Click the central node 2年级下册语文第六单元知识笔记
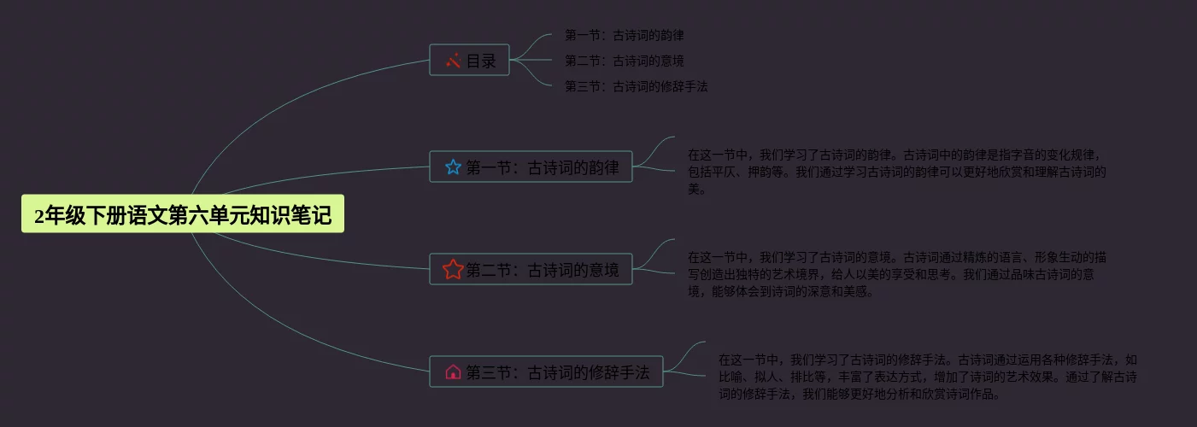click(x=182, y=215)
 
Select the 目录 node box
click(x=469, y=61)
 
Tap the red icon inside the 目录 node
click(x=454, y=61)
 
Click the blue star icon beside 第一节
click(x=453, y=167)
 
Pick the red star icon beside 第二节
click(x=453, y=270)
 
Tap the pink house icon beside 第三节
click(x=453, y=372)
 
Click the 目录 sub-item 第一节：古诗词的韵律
click(x=624, y=36)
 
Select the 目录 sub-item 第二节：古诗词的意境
click(x=624, y=61)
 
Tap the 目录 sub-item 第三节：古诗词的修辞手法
click(x=636, y=86)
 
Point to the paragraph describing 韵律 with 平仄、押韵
click(x=897, y=172)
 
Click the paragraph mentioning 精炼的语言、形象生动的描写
click(x=897, y=274)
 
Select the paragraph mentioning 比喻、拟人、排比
click(x=927, y=377)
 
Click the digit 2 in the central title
click(x=39, y=216)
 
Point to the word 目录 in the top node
click(x=481, y=61)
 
